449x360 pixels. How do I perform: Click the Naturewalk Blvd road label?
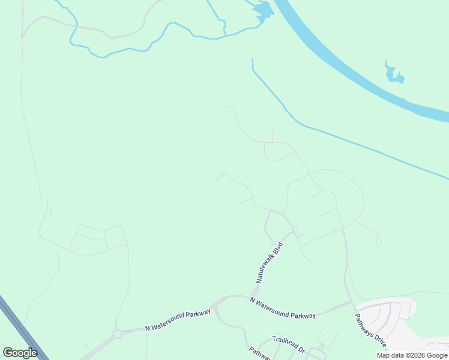click(269, 263)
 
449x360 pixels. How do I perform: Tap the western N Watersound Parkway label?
click(178, 320)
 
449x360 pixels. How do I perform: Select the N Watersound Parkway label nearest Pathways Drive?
click(283, 307)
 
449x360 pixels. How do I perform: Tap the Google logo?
click(20, 353)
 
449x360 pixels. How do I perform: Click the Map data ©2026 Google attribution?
click(412, 356)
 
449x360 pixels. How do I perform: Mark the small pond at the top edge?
click(262, 10)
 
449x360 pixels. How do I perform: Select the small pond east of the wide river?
click(394, 75)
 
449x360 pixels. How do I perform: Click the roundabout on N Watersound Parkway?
click(118, 334)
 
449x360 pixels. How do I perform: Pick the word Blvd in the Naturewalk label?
click(277, 249)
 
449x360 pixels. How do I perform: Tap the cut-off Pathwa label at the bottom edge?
click(259, 353)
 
